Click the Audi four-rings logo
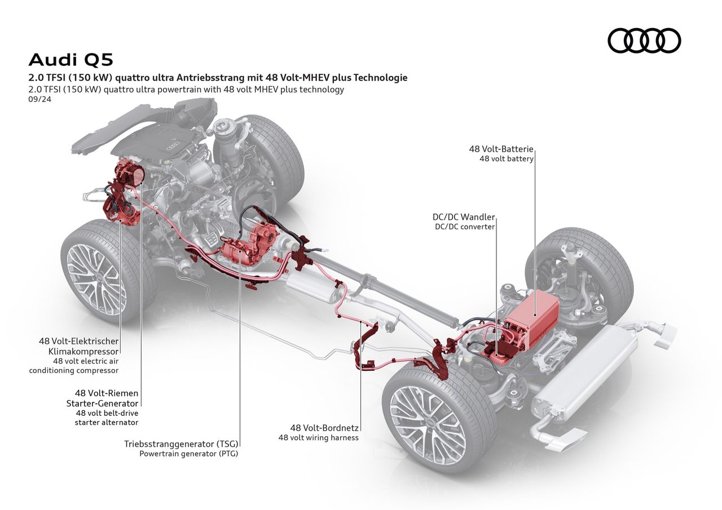(644, 41)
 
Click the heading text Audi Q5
(71, 59)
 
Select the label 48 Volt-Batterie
(501, 149)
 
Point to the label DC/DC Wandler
(464, 217)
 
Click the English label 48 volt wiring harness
(318, 437)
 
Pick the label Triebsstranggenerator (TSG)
(181, 444)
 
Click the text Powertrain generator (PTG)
(189, 454)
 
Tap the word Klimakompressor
(84, 351)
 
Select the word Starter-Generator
(102, 403)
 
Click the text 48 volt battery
(506, 159)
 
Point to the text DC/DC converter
(464, 227)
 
